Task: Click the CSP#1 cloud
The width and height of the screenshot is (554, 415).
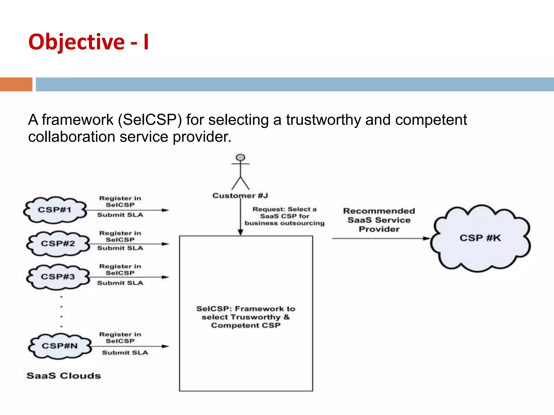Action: [55, 210]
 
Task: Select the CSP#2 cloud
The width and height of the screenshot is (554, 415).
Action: [58, 243]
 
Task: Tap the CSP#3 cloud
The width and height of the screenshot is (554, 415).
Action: [58, 277]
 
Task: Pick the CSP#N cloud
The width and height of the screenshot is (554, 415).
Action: [60, 346]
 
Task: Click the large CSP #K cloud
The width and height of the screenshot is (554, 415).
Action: [480, 238]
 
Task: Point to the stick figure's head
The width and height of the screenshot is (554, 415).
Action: [240, 157]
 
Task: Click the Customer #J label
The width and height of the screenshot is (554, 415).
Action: [240, 196]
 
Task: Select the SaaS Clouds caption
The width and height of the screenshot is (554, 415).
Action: [64, 376]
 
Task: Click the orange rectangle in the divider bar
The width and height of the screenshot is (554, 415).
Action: [16, 84]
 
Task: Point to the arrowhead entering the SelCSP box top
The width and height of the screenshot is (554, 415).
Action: [240, 232]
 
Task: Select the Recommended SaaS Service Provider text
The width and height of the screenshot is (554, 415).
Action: [379, 220]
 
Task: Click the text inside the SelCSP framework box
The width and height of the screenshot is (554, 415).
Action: [246, 317]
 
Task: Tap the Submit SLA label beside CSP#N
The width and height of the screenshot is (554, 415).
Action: [125, 353]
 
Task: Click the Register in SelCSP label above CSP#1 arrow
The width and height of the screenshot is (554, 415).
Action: [120, 202]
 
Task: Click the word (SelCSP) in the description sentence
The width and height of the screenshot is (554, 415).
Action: [150, 120]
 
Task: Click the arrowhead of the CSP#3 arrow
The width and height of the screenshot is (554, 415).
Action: [165, 277]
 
